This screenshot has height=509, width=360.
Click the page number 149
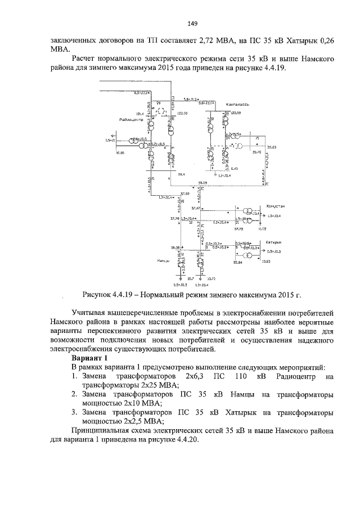191,23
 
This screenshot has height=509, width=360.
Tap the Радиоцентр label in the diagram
130,120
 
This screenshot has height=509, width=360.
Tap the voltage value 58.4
181,176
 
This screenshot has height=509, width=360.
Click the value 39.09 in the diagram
204,183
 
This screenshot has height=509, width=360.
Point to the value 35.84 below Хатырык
237,262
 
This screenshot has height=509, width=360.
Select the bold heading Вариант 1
91,358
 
